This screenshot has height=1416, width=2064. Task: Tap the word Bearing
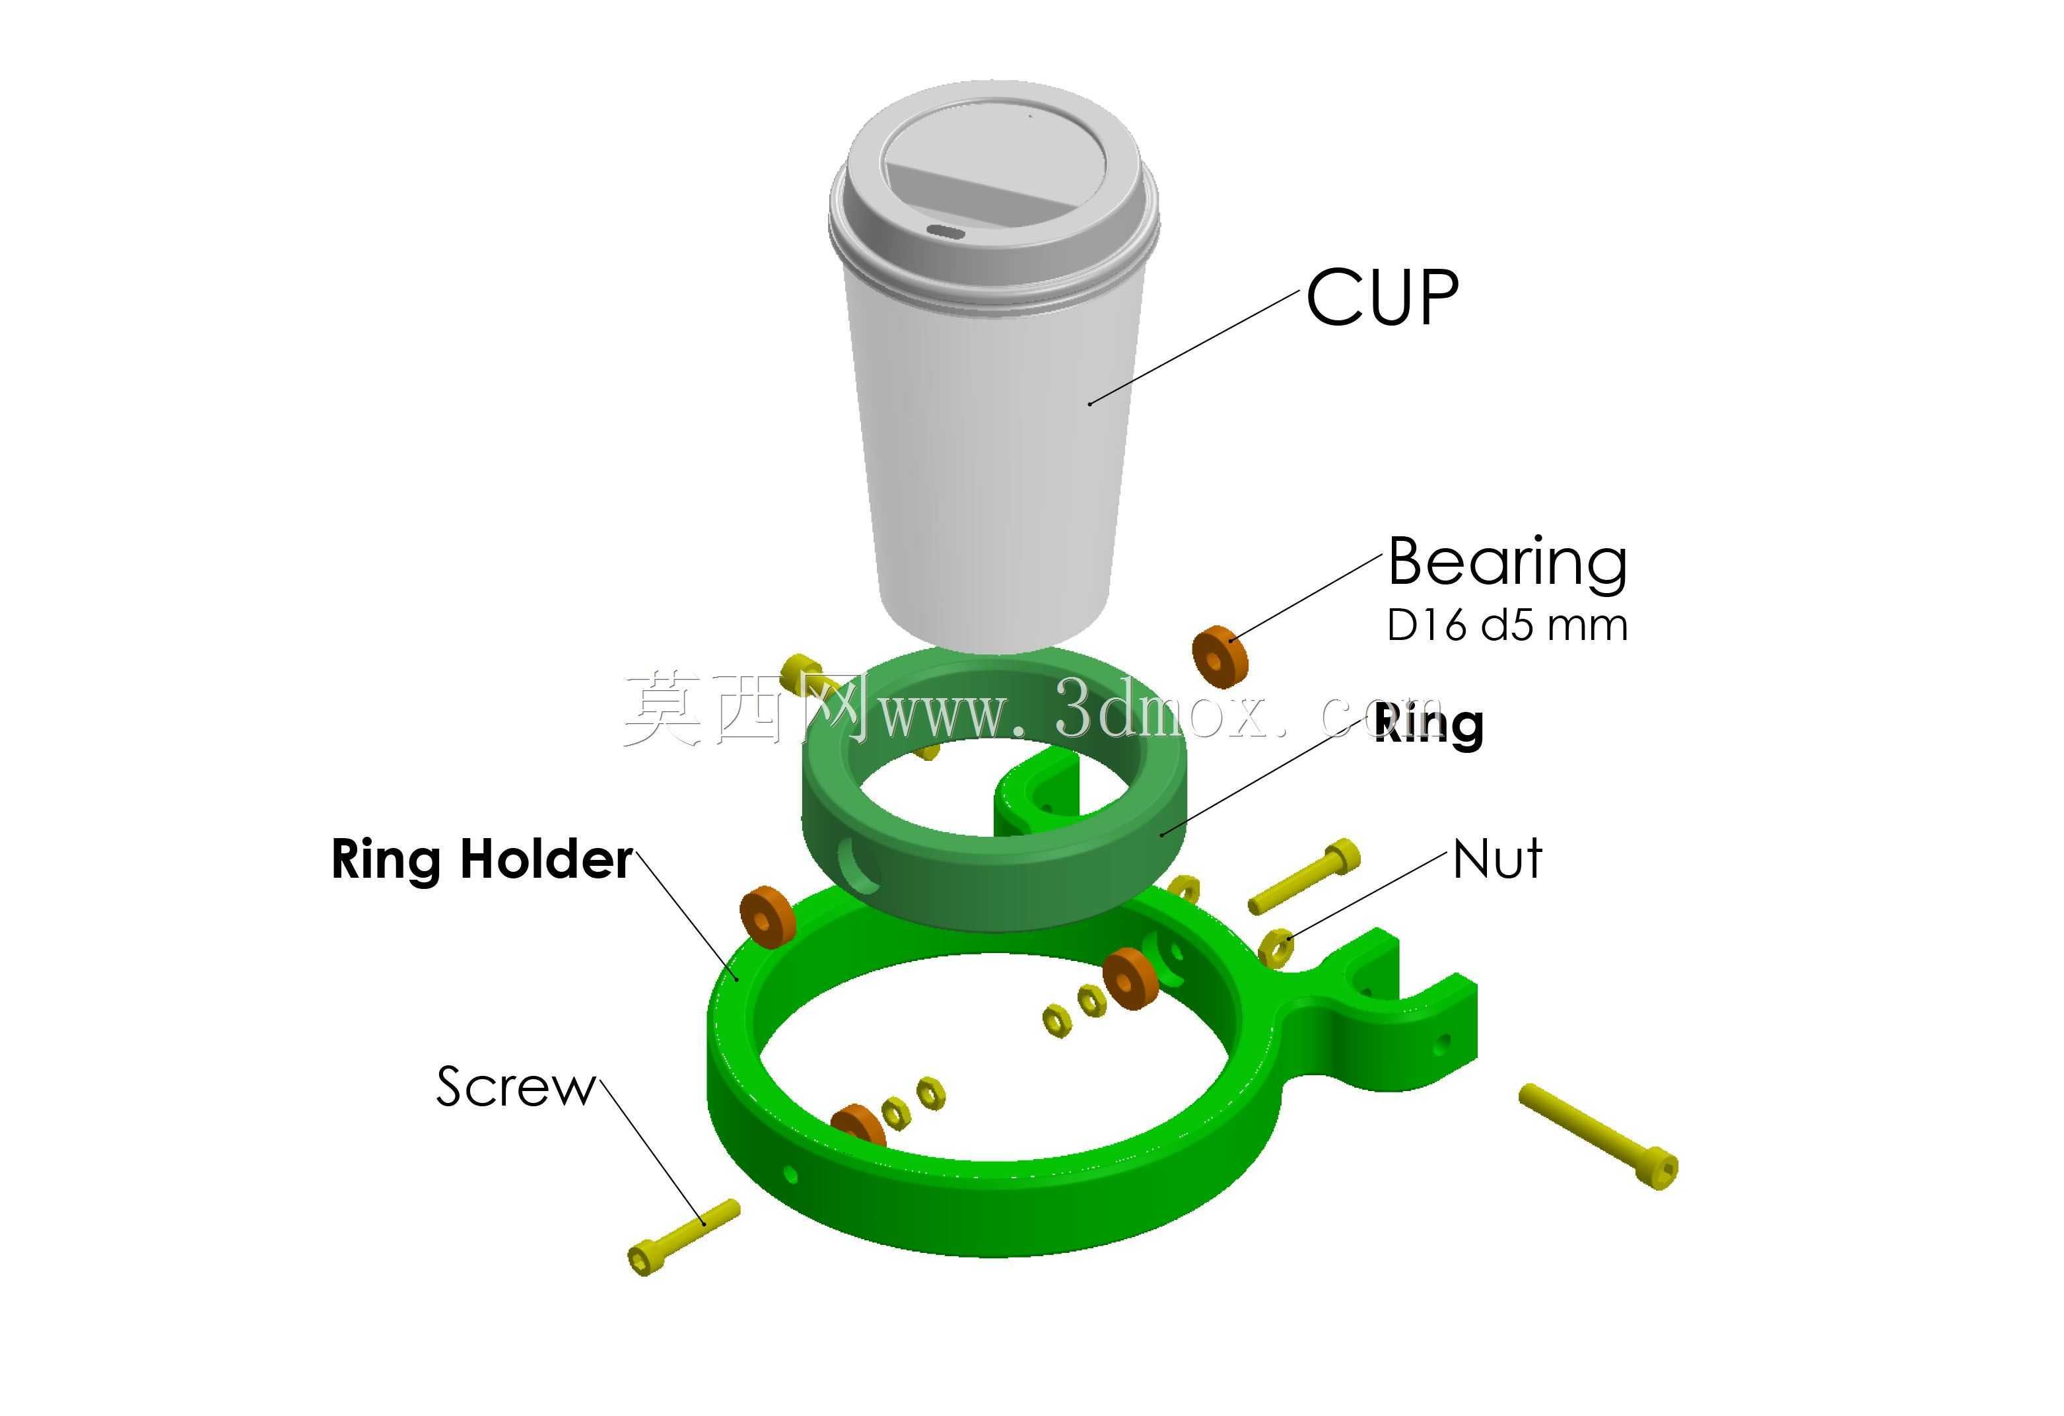(x=1507, y=564)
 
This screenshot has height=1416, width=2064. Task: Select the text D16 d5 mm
(x=1507, y=625)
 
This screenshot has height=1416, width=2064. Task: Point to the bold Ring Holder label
(x=482, y=860)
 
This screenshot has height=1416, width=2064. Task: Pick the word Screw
(x=515, y=1086)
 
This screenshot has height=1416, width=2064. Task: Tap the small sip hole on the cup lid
(x=947, y=232)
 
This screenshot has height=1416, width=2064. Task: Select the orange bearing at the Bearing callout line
(x=1220, y=656)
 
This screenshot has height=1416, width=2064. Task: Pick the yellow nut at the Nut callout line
(x=1276, y=947)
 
